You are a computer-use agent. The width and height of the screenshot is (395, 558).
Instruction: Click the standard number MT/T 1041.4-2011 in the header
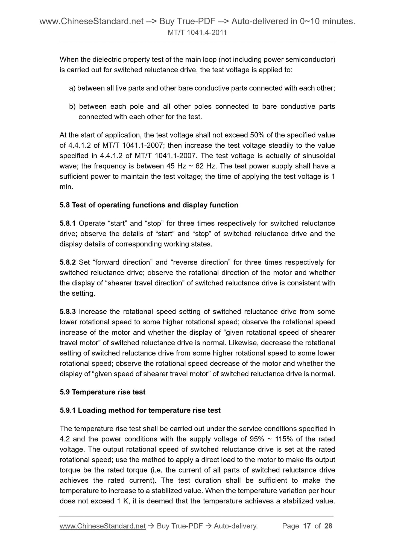[x=197, y=33]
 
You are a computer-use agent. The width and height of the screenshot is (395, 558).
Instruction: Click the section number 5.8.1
[x=68, y=224]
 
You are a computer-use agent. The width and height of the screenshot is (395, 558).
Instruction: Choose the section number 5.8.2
[x=68, y=263]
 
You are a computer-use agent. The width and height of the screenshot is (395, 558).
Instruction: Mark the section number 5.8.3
[x=68, y=312]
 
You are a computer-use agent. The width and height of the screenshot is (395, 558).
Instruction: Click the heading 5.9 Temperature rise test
[x=103, y=392]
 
